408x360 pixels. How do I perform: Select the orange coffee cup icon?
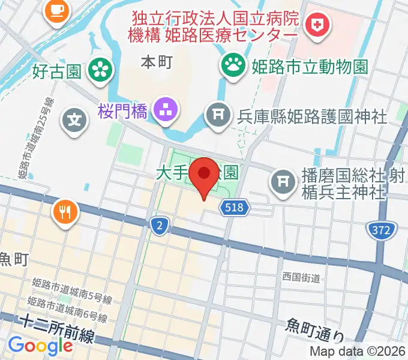click(x=56, y=8)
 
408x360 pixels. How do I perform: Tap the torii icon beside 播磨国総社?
click(x=283, y=181)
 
